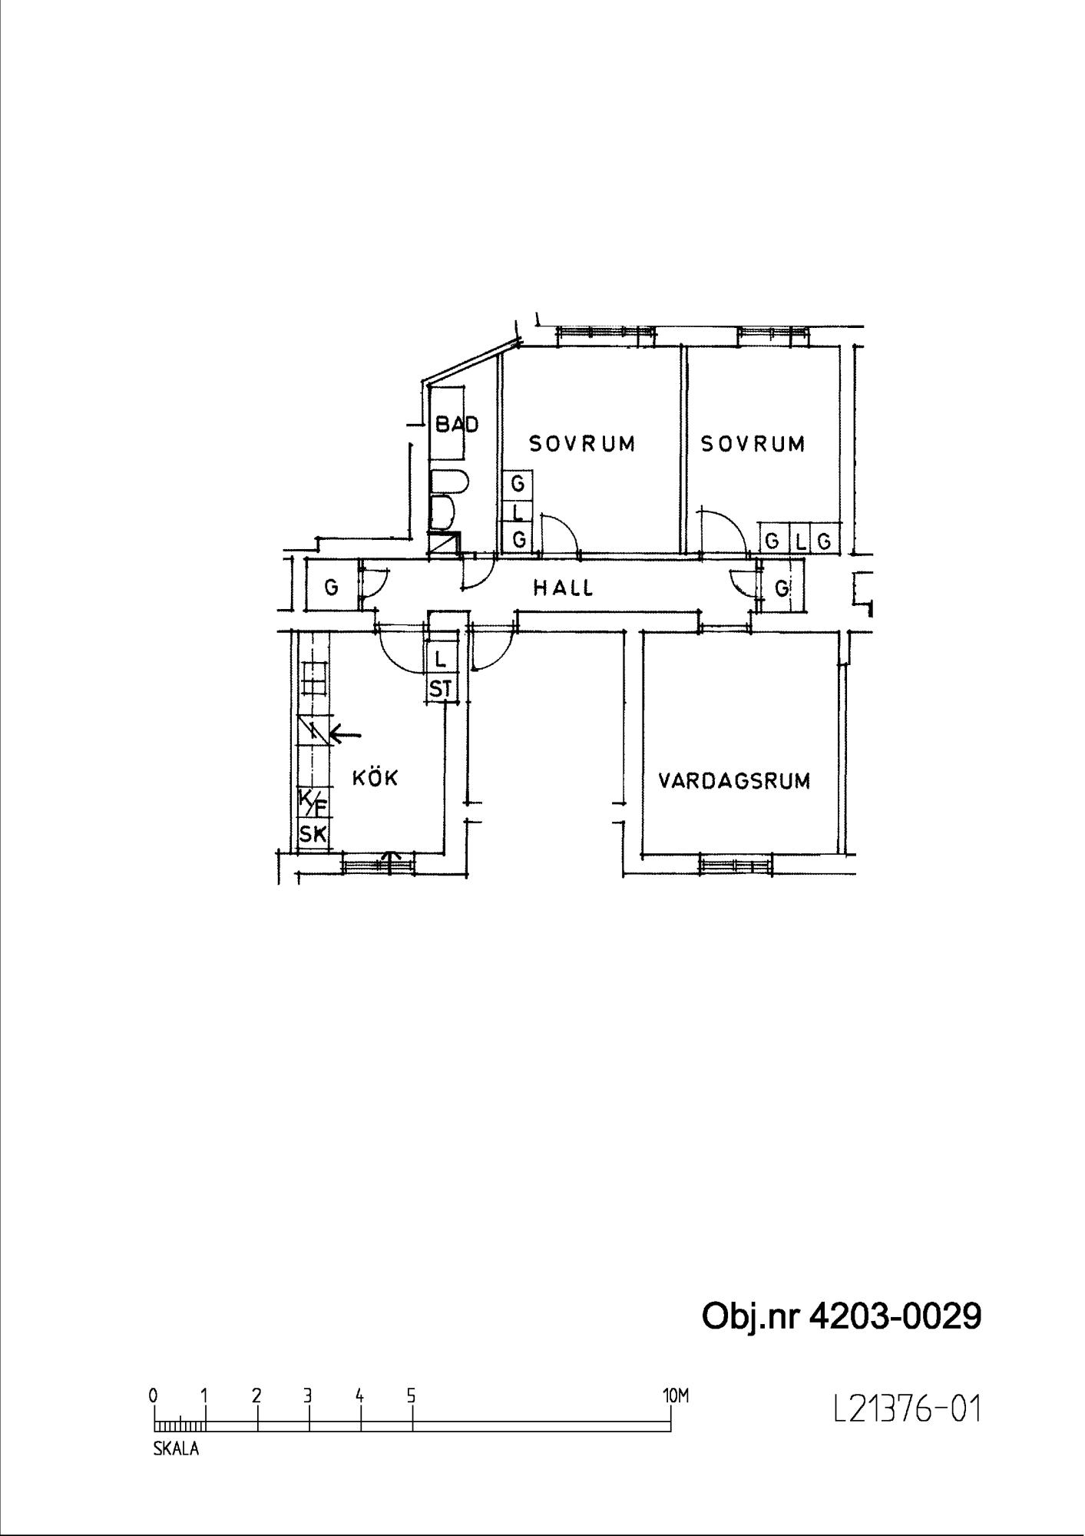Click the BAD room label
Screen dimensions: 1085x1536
[x=457, y=424]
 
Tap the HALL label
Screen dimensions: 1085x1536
[x=564, y=588]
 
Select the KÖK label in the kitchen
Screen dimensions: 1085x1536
[x=375, y=777]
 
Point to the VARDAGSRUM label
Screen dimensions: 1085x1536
[x=735, y=781]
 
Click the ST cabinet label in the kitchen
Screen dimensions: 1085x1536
[x=441, y=689]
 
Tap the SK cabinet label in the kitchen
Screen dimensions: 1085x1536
[x=313, y=834]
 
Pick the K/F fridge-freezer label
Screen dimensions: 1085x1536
[x=313, y=803]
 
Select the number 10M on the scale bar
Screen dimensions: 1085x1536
[x=676, y=1396]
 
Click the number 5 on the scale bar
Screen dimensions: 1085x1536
[x=412, y=1396]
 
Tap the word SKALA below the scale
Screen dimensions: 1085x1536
[x=176, y=1449]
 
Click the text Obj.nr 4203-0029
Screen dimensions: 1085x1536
[x=842, y=1316]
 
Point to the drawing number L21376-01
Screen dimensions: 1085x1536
[x=908, y=1409]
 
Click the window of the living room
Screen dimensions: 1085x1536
[x=735, y=864]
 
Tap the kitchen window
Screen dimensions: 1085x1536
[x=377, y=863]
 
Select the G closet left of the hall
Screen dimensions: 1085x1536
[x=332, y=588]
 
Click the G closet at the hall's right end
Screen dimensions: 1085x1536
[x=782, y=589]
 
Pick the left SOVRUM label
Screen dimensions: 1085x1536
[x=583, y=444]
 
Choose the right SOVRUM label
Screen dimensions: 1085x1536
[x=753, y=444]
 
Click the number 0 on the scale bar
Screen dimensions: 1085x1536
[x=154, y=1396]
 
